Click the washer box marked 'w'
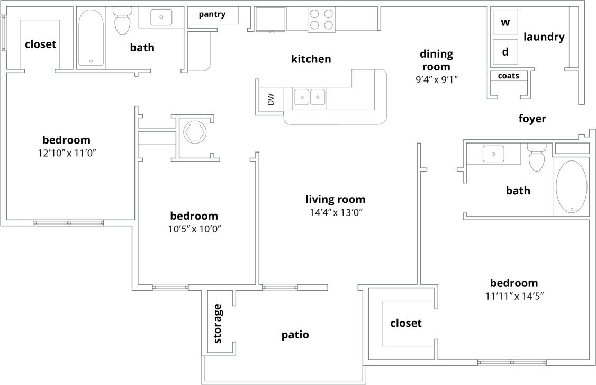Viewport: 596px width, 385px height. click(505, 22)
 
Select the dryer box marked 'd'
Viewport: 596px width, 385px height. click(505, 51)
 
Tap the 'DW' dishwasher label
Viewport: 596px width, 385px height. click(271, 99)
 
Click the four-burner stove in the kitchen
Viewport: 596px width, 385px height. click(321, 20)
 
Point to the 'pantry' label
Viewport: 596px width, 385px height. click(212, 14)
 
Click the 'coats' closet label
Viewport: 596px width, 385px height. click(508, 76)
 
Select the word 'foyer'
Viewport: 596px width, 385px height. click(532, 119)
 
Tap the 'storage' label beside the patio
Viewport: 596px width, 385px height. click(218, 324)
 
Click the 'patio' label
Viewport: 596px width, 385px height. click(295, 335)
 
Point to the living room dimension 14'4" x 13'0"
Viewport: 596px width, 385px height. click(336, 213)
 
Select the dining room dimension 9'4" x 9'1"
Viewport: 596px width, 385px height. click(436, 80)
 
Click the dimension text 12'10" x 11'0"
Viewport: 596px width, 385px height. click(66, 153)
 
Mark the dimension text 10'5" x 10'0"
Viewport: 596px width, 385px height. click(194, 229)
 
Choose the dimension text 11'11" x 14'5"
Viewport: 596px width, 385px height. click(514, 296)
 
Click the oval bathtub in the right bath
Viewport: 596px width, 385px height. click(571, 187)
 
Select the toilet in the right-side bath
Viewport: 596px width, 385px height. click(536, 158)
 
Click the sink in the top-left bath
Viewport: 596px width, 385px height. click(161, 17)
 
